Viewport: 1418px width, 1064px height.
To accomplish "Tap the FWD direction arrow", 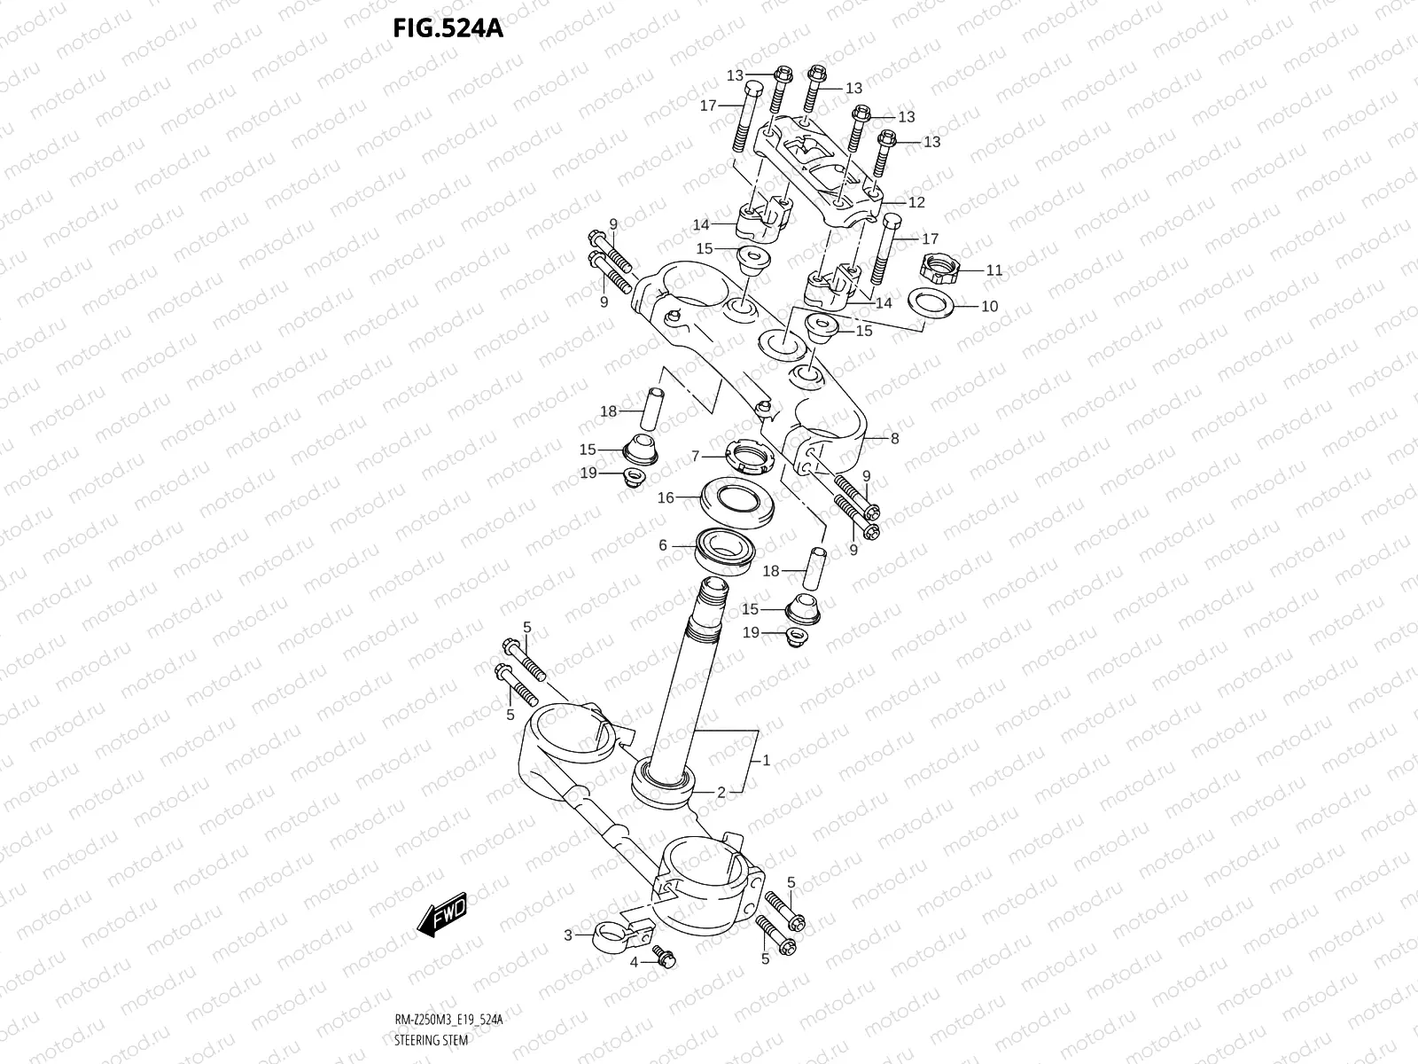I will pos(441,914).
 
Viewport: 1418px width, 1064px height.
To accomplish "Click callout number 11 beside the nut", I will pos(994,270).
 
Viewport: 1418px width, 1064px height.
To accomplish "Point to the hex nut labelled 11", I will pos(939,265).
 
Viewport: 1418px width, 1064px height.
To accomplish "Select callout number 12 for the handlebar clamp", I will pos(916,202).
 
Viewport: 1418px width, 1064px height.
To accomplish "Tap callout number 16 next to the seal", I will pos(666,497).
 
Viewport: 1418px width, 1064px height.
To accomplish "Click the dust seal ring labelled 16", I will pos(740,501).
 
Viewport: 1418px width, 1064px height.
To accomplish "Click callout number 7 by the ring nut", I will pos(696,456).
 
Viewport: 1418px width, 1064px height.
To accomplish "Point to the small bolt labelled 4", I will pos(665,956).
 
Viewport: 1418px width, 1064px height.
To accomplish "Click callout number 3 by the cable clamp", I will pos(568,934).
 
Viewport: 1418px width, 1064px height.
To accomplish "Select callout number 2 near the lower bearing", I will pos(721,792).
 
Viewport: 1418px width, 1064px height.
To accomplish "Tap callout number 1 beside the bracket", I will pos(767,760).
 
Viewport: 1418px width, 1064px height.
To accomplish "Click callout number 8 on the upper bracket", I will pos(894,438).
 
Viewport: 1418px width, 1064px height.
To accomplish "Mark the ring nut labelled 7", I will pos(750,457).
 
